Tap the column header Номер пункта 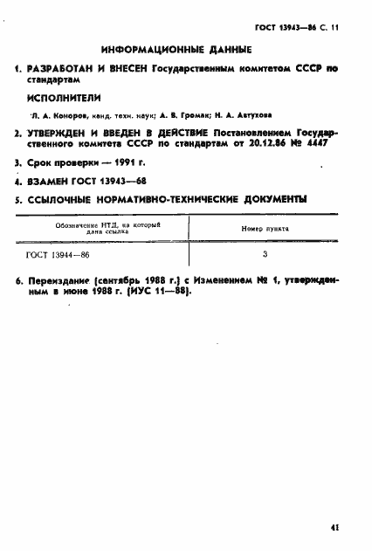point(265,229)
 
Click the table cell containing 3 point(265,255)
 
